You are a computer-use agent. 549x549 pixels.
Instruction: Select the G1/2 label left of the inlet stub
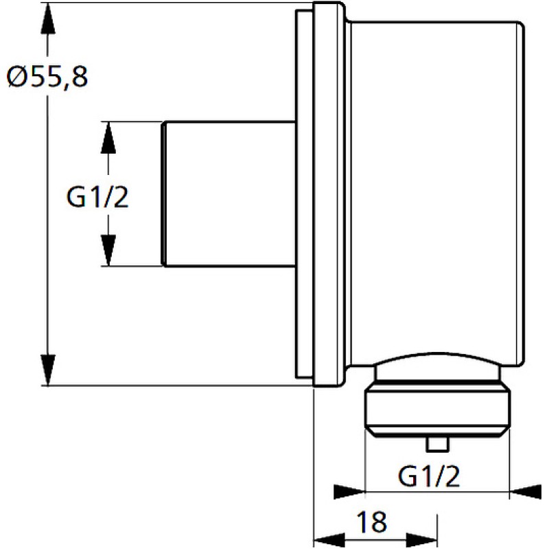pos(97,197)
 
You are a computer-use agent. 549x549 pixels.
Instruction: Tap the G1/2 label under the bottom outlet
pos(428,476)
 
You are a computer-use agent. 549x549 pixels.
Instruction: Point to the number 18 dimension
pos(371,522)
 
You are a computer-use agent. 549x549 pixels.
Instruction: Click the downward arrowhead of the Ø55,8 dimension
pos(48,370)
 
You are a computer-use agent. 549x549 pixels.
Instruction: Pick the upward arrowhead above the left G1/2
pos(108,138)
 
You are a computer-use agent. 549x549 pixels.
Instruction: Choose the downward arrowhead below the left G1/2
pos(108,250)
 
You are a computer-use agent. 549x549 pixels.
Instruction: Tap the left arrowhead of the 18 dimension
pos(329,539)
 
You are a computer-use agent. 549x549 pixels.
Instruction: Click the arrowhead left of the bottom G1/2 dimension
pos(349,492)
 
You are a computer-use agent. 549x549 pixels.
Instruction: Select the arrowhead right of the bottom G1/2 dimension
pos(526,492)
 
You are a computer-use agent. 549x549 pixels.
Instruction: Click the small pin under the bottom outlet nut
pos(438,444)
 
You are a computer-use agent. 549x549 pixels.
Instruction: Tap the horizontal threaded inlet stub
pos(229,194)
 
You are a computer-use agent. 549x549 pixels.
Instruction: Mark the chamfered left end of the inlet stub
pos(163,194)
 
